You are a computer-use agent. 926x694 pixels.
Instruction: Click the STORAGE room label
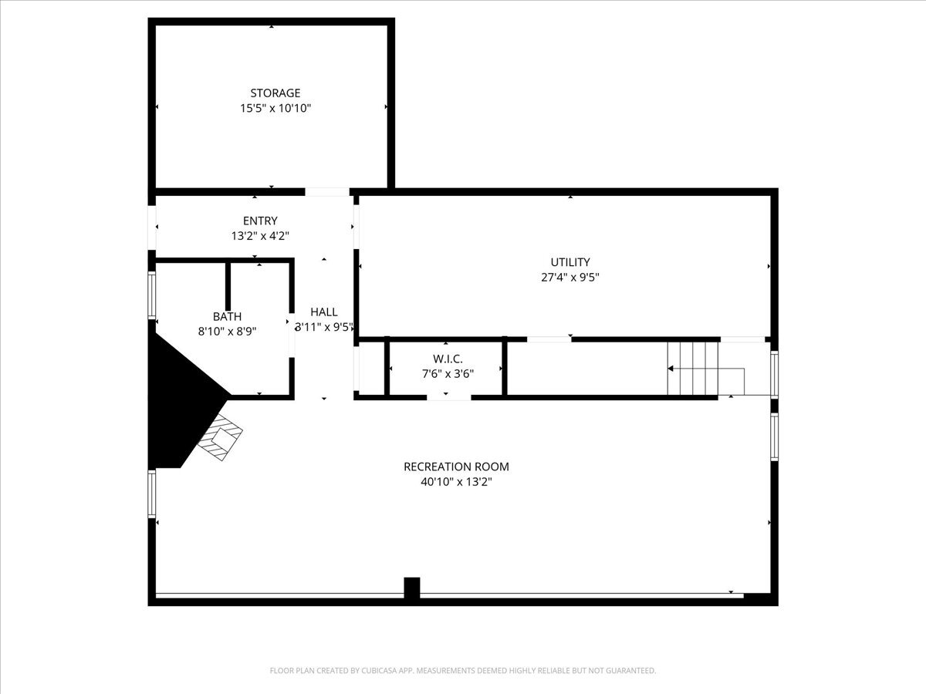275,93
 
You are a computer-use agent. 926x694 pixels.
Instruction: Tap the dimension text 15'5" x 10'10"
275,109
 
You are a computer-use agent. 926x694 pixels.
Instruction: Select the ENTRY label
260,221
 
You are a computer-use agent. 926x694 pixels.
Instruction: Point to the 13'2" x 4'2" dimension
260,237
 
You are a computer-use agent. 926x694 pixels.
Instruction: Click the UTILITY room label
570,262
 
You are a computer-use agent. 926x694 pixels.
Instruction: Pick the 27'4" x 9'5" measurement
570,278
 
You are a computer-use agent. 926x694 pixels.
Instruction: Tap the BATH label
227,316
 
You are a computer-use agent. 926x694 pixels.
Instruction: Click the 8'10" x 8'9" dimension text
227,332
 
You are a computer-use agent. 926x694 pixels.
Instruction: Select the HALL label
324,312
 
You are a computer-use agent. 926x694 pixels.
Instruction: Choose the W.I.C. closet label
448,359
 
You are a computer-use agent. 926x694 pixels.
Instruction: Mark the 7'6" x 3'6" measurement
448,374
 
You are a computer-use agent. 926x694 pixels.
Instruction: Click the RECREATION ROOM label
456,467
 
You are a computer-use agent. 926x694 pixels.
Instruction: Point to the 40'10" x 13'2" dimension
456,482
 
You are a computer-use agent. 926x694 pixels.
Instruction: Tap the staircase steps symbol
693,368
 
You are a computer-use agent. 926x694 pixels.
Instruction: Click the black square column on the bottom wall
412,588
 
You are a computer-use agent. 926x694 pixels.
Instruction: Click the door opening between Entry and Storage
327,191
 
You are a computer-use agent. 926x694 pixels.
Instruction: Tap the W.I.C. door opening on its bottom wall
448,397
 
